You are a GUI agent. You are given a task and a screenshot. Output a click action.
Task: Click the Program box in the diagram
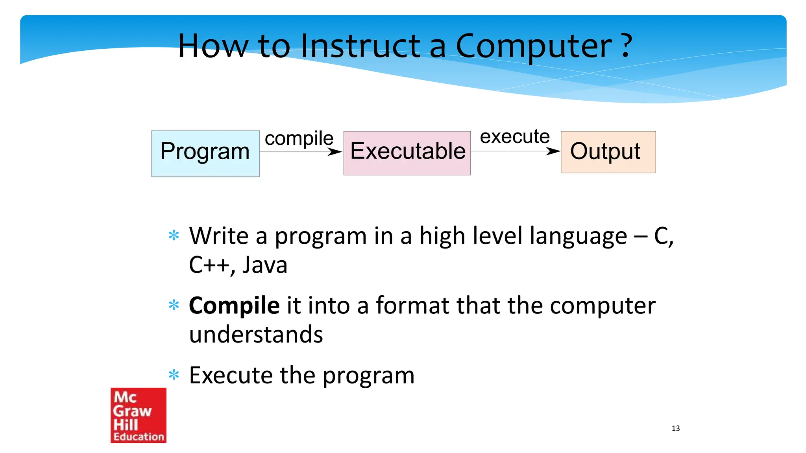[x=205, y=153]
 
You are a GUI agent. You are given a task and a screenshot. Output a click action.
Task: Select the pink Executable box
[x=407, y=153]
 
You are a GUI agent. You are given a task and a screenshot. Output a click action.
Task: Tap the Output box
[x=608, y=152]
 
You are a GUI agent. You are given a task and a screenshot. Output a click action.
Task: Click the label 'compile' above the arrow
[x=299, y=138]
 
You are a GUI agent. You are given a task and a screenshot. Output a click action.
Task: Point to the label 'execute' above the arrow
[x=515, y=136]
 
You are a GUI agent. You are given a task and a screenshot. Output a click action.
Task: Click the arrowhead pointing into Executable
[x=336, y=152]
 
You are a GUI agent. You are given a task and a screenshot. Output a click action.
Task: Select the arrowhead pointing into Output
[x=554, y=151]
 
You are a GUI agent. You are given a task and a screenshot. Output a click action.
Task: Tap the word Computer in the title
[x=534, y=46]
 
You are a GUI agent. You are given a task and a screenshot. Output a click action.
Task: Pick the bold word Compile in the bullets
[x=234, y=306]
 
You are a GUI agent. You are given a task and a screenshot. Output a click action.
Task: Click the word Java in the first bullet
[x=264, y=265]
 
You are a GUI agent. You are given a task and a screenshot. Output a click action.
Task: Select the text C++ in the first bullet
[x=209, y=265]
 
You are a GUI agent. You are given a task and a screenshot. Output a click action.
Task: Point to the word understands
[x=256, y=335]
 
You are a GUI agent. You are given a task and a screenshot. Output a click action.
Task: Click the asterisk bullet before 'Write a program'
[x=174, y=236]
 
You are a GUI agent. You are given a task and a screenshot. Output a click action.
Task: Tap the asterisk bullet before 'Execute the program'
[x=174, y=375]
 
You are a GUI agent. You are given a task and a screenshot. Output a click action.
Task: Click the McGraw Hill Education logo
[x=139, y=415]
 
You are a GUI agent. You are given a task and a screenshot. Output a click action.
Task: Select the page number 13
[x=676, y=428]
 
